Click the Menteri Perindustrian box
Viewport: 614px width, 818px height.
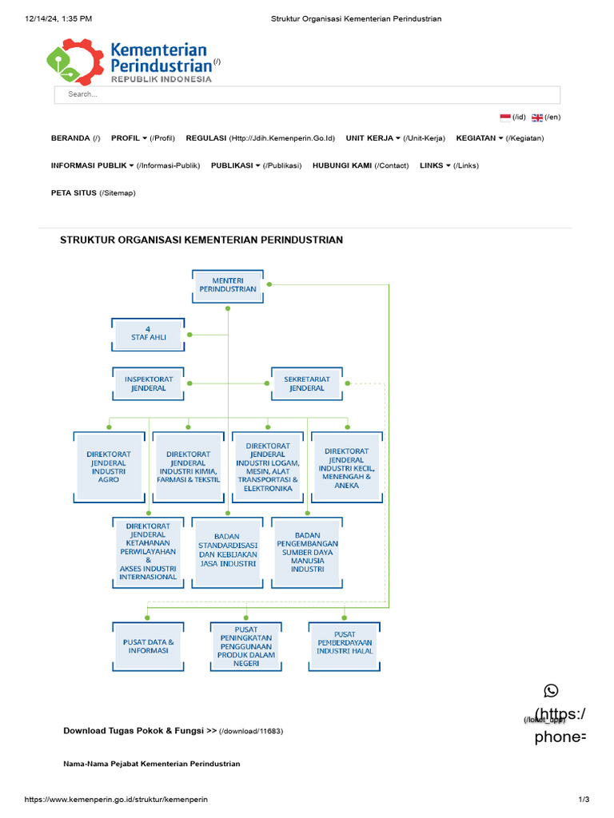coord(228,284)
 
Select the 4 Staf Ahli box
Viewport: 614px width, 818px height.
coord(148,334)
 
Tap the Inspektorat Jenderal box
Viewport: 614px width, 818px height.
coord(149,383)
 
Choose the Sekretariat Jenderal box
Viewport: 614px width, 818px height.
coord(307,383)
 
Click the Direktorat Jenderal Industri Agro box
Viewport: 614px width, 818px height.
coord(109,467)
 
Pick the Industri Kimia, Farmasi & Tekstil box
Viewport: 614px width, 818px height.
coord(188,467)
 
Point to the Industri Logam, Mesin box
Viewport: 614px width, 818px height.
coord(268,467)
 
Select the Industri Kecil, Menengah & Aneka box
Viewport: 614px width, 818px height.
coord(347,467)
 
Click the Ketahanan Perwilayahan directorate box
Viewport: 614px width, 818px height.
coord(148,551)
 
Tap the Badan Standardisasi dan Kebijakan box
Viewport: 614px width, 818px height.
coord(228,551)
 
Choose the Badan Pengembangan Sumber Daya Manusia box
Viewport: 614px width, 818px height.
coord(307,551)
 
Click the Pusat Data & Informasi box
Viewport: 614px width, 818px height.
coord(149,646)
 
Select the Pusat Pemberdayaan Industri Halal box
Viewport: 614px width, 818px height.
coord(345,646)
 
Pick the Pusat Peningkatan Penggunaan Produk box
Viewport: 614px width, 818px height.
coord(245,646)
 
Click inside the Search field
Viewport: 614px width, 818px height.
coord(307,94)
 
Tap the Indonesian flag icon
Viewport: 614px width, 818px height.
coord(505,117)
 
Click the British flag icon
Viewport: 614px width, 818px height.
coord(537,117)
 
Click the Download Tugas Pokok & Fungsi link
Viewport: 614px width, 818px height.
coord(140,730)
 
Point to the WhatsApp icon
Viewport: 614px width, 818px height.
coord(551,691)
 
